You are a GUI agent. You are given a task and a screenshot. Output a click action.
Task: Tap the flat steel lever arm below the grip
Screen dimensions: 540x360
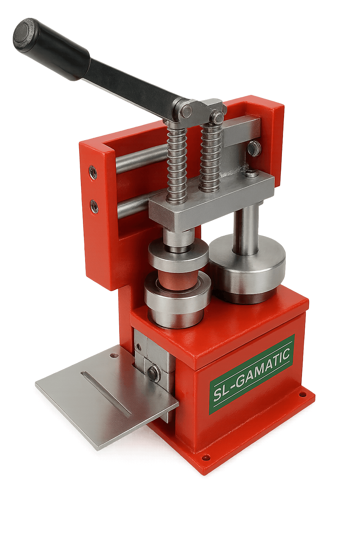pos(134,84)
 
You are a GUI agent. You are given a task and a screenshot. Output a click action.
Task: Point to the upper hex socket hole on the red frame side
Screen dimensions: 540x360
pos(93,172)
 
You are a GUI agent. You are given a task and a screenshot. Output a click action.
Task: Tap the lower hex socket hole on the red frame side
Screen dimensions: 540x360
pos(94,205)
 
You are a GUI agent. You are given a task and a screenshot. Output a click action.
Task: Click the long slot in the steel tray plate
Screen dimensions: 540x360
pos(106,392)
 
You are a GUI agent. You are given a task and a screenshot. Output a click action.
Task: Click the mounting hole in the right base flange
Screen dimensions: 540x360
pos(301,394)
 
